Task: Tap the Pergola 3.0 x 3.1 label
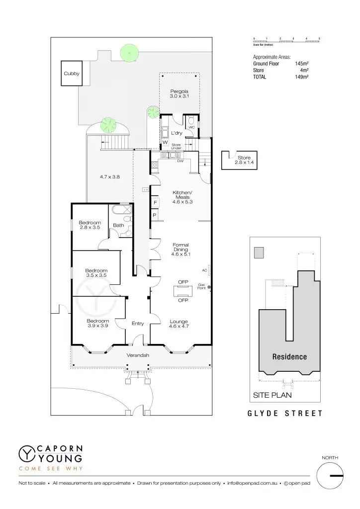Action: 179,93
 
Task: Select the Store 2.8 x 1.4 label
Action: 244,160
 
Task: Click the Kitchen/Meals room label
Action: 181,197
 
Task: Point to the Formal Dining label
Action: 180,249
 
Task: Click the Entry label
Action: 138,324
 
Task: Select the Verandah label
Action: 138,355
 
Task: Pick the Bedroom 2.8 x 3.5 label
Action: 90,225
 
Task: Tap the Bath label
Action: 118,225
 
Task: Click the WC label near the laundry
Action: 191,127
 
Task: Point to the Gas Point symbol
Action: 209,287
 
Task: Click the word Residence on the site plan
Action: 289,357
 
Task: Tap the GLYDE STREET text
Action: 285,413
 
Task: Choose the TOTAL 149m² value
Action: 302,77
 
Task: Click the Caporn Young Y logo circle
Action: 26,453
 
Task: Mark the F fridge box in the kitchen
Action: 155,202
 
